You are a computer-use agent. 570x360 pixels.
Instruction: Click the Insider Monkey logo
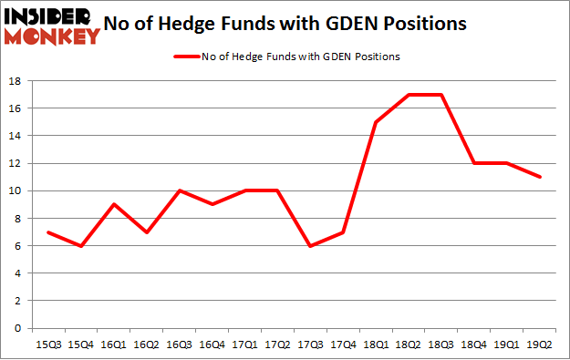pyautogui.click(x=51, y=26)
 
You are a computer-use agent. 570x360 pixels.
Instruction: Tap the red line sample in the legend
pyautogui.click(x=191, y=57)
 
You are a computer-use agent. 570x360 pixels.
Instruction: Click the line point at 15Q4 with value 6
pyautogui.click(x=80, y=246)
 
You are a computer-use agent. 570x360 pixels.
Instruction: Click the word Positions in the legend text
pyautogui.click(x=376, y=57)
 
